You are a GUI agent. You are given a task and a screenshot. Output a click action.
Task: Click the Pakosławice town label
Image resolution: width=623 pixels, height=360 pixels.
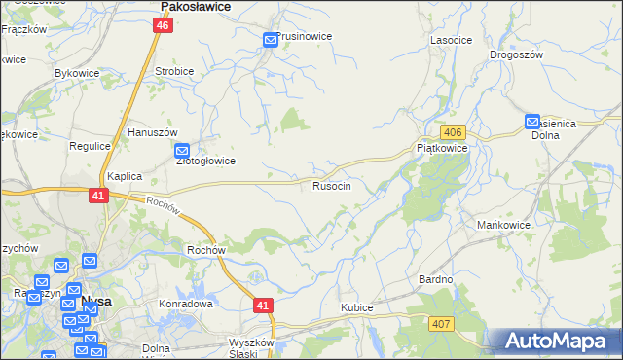tap(195, 6)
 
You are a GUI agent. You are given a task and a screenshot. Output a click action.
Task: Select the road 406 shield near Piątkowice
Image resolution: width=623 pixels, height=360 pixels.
tap(451, 131)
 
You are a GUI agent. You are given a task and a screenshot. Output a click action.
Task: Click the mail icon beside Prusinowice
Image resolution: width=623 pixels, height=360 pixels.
tap(270, 40)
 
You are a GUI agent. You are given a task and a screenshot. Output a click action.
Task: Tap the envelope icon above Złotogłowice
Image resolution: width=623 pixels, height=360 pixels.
tap(182, 151)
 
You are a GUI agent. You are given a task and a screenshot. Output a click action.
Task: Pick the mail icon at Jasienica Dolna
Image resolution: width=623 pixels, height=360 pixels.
tap(532, 122)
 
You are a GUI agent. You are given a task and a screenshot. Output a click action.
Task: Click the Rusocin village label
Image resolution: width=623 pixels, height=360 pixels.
tap(339, 185)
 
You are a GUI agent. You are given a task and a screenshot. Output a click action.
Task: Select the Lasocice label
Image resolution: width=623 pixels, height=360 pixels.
tap(451, 40)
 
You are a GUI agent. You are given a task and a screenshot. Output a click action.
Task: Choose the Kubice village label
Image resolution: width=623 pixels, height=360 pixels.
tap(357, 307)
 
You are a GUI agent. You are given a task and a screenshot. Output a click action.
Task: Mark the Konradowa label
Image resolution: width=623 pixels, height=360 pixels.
tap(185, 304)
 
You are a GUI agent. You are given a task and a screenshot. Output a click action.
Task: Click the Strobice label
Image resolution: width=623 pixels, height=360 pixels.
tap(175, 71)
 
